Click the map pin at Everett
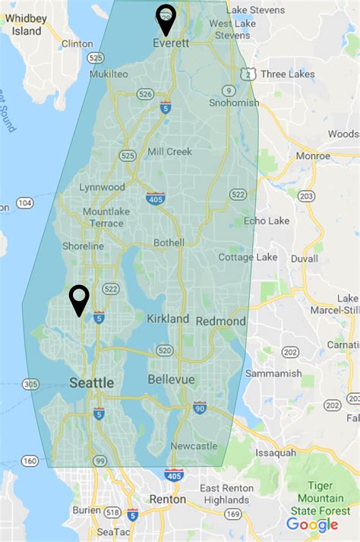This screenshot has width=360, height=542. click(165, 17)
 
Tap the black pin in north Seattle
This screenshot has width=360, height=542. click(79, 298)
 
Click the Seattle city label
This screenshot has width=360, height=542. click(92, 383)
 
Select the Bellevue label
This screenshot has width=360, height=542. click(171, 379)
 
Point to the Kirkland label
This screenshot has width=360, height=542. click(168, 319)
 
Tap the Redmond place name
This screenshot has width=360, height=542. click(221, 322)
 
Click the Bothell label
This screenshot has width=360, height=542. click(168, 242)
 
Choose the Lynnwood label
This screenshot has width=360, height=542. click(103, 187)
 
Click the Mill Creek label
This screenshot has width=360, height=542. click(170, 151)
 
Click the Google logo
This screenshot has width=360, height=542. click(312, 525)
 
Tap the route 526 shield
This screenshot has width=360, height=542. click(146, 94)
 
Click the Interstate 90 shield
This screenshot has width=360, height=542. click(201, 407)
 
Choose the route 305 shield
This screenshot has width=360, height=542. click(31, 384)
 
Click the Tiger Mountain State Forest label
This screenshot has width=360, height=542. click(326, 497)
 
